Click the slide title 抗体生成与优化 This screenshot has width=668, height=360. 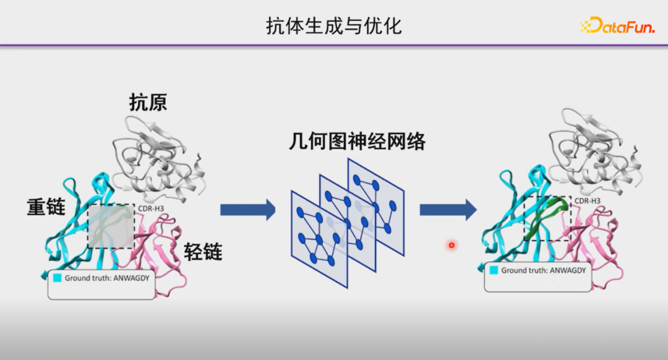tap(334, 26)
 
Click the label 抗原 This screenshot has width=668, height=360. tap(148, 102)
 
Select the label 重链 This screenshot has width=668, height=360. tap(46, 207)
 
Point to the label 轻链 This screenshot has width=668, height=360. tap(203, 251)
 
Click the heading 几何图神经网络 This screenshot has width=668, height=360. tap(357, 142)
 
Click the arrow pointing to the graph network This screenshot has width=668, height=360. tap(247, 210)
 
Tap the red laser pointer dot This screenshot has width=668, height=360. tap(452, 246)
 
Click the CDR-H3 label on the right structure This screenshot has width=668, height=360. tap(588, 200)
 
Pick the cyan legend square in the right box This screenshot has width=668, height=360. tap(494, 270)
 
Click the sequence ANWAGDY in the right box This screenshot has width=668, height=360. tap(565, 270)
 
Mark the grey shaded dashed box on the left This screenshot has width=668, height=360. tap(111, 226)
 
